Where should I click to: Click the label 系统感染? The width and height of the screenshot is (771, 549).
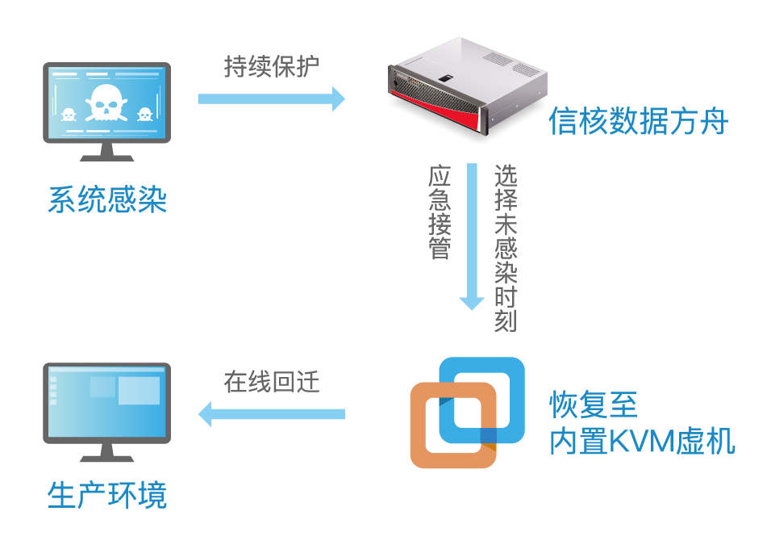(x=107, y=199)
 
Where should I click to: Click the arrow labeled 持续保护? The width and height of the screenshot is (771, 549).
(x=271, y=99)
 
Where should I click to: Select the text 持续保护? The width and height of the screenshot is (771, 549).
(x=272, y=67)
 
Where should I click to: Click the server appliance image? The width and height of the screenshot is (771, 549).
(x=465, y=85)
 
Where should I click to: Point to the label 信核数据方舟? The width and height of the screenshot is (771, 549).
(x=638, y=122)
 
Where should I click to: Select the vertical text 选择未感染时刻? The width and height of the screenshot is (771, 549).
(x=506, y=248)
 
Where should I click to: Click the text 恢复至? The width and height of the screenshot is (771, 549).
(x=594, y=402)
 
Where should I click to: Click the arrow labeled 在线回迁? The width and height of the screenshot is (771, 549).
(x=271, y=414)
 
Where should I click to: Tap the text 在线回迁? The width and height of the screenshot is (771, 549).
(x=272, y=382)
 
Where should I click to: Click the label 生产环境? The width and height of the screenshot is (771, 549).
(x=107, y=494)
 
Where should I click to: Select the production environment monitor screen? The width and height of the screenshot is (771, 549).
(x=106, y=401)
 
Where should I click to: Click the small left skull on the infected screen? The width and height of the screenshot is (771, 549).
(x=69, y=115)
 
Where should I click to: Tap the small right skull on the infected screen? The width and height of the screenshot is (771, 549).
(x=144, y=115)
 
